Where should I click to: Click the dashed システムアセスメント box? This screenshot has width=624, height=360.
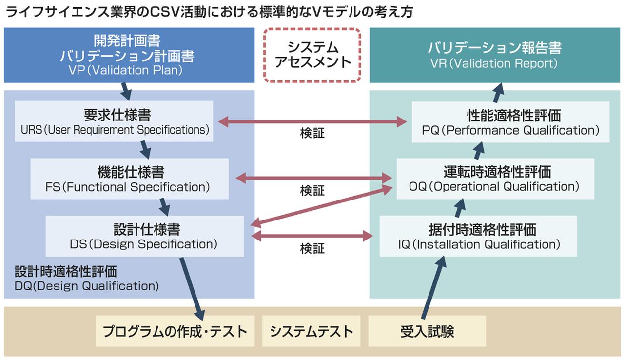click(x=312, y=55)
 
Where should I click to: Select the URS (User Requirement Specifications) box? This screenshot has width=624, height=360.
click(x=114, y=121)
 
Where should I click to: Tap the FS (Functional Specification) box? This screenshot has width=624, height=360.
click(x=129, y=179)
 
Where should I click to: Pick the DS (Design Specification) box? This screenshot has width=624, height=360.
click(x=144, y=236)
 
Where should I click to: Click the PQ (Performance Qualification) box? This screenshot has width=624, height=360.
click(x=510, y=122)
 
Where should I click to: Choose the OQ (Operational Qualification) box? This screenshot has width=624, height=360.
click(x=495, y=179)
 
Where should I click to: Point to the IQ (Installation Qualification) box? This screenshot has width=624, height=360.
click(x=478, y=236)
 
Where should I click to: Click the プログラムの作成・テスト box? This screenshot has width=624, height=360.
click(x=175, y=331)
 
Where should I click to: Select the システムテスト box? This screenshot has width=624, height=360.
click(x=311, y=331)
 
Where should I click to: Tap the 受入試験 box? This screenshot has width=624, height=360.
click(x=427, y=331)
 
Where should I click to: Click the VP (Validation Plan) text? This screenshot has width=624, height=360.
click(x=126, y=70)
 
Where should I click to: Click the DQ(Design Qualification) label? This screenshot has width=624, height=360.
click(x=87, y=286)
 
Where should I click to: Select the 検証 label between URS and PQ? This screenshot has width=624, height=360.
click(x=312, y=133)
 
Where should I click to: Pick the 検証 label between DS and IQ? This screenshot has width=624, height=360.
click(x=312, y=249)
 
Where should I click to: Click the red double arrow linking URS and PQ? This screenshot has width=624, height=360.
click(x=312, y=122)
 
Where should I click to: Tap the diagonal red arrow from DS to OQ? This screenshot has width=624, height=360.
click(x=322, y=206)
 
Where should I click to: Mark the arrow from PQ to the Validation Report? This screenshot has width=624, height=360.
click(x=499, y=92)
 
